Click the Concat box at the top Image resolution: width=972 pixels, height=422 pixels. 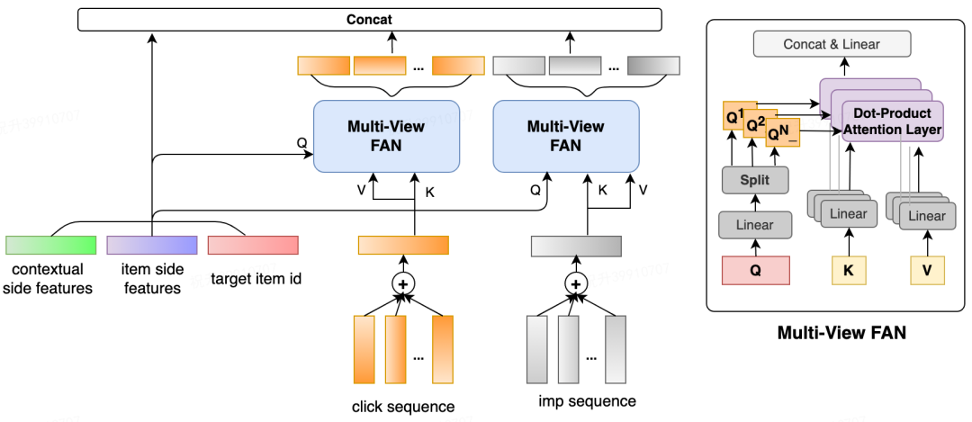click(369, 19)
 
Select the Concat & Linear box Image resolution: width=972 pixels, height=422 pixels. click(832, 44)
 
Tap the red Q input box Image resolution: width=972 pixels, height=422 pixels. click(755, 270)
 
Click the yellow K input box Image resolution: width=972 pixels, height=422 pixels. click(847, 270)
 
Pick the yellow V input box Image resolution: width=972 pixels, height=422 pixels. click(927, 270)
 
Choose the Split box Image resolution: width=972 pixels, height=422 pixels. click(754, 180)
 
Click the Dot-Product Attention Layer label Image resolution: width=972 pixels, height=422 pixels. click(892, 122)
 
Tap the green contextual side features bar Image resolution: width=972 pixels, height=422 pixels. click(50, 245)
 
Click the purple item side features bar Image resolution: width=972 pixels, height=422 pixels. click(151, 245)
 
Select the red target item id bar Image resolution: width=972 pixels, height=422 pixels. click(253, 245)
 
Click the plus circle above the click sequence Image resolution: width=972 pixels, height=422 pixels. click(402, 283)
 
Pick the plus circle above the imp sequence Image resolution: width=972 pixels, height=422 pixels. click(575, 283)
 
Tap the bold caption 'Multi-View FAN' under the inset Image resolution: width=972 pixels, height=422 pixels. click(841, 333)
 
